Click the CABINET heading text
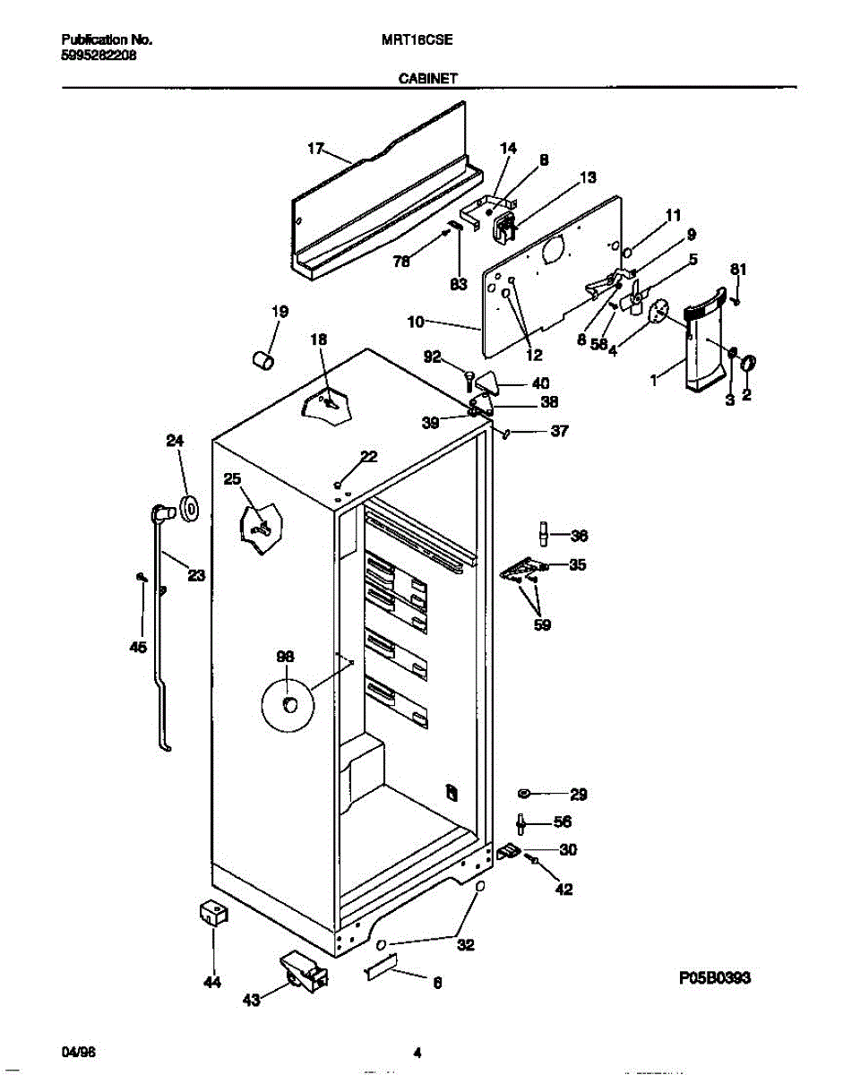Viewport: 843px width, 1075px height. [x=427, y=78]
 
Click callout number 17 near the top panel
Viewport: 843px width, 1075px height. [x=314, y=150]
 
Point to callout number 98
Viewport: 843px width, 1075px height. [x=285, y=657]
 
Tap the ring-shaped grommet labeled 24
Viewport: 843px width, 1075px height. [x=189, y=509]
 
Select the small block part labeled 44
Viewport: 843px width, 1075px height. [x=211, y=913]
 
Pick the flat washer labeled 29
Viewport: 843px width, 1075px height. [x=525, y=794]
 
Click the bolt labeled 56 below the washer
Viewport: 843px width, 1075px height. [x=520, y=823]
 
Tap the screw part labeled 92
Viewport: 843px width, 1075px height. [x=468, y=378]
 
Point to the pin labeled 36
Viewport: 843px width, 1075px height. [x=542, y=533]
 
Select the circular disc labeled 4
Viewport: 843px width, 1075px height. [x=659, y=311]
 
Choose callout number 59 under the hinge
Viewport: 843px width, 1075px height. [x=542, y=625]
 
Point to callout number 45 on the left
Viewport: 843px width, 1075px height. [x=138, y=648]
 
